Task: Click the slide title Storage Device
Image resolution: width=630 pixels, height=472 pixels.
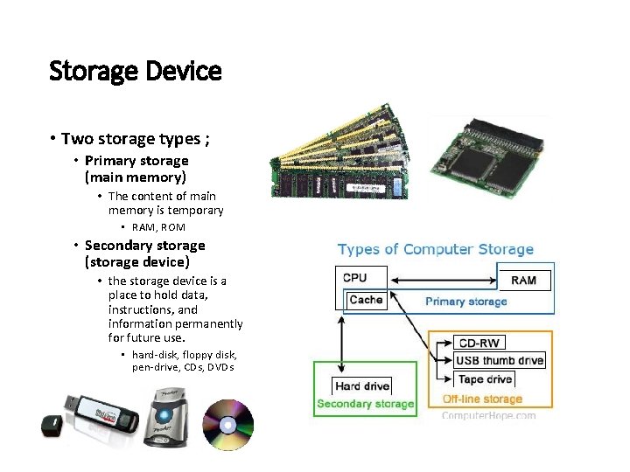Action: pyautogui.click(x=136, y=71)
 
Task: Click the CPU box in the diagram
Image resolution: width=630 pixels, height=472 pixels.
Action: pyautogui.click(x=355, y=278)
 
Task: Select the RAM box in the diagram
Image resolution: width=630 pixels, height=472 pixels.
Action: pyautogui.click(x=524, y=280)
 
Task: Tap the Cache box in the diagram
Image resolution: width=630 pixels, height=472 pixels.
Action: pyautogui.click(x=366, y=300)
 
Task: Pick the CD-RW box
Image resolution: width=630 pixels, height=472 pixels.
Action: pyautogui.click(x=478, y=343)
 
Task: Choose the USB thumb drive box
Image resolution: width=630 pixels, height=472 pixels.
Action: pyautogui.click(x=500, y=360)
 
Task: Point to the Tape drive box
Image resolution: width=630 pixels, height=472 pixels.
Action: pyautogui.click(x=484, y=378)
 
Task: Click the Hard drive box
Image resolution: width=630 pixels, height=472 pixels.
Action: pyautogui.click(x=361, y=385)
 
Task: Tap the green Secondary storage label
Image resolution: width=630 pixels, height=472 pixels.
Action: pyautogui.click(x=365, y=404)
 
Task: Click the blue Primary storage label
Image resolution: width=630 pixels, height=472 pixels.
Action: pyautogui.click(x=465, y=302)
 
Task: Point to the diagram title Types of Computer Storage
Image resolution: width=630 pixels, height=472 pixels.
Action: pyautogui.click(x=435, y=250)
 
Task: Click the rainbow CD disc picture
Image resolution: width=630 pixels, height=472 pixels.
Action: pyautogui.click(x=227, y=425)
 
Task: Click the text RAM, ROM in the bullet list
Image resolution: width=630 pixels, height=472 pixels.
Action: pyautogui.click(x=158, y=227)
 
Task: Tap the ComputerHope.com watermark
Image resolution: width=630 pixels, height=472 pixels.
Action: pyautogui.click(x=488, y=415)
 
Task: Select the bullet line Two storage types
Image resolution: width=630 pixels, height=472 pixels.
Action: pyautogui.click(x=136, y=139)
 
